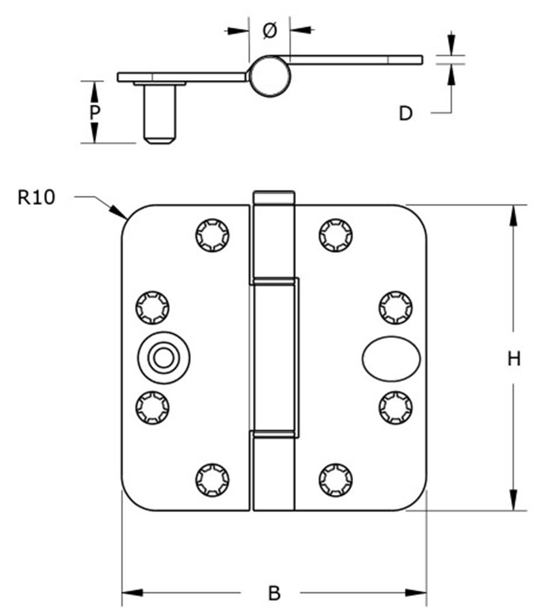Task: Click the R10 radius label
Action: [x=36, y=198]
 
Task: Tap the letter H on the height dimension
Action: [x=514, y=359]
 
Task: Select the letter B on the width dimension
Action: [x=274, y=593]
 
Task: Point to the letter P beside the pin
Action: [x=94, y=113]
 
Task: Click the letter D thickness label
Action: [x=405, y=113]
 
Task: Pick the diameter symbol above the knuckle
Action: [x=269, y=30]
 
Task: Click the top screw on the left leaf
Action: [x=212, y=234]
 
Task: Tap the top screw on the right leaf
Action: [x=335, y=234]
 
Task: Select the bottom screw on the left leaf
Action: [x=212, y=479]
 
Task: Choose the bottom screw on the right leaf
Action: [x=335, y=479]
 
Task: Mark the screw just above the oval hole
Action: [x=395, y=307]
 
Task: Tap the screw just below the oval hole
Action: [x=395, y=408]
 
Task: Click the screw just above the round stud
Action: [x=151, y=307]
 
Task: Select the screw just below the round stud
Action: [x=151, y=408]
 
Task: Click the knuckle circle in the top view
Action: [x=270, y=76]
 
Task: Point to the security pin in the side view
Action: [x=160, y=113]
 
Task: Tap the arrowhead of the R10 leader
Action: [x=121, y=214]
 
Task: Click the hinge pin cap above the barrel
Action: [x=274, y=198]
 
